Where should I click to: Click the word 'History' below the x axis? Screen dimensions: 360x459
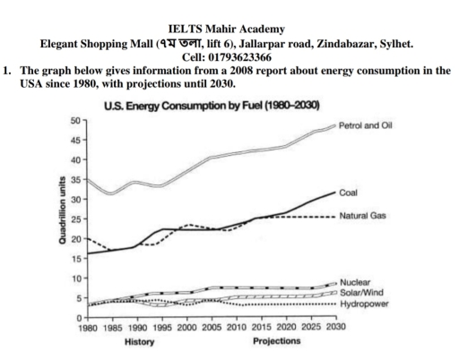116,342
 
